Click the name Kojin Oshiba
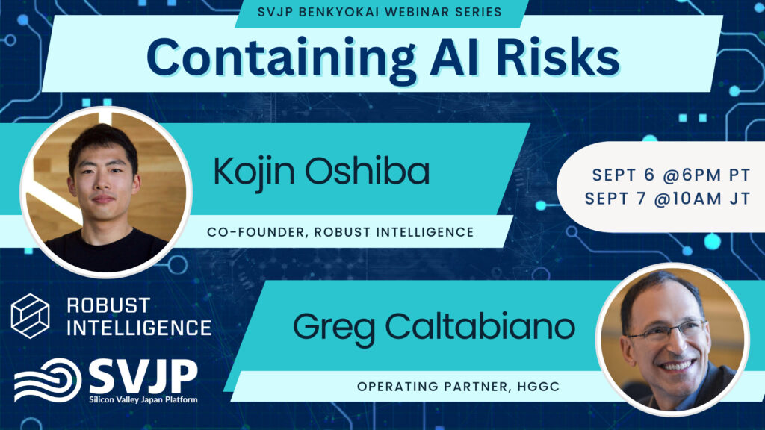coord(321,172)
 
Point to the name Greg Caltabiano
coord(434,328)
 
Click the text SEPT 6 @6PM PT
coord(671,175)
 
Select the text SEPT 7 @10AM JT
coord(667,199)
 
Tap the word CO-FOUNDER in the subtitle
coord(258,232)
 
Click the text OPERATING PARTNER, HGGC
coord(458,387)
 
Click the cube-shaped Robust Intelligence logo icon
coord(30,316)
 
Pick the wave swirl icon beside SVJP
coord(47,380)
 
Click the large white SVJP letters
coord(143,376)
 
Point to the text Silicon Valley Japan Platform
coord(143,400)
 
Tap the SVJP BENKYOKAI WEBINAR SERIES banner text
coord(380,12)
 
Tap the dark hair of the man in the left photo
coord(103,145)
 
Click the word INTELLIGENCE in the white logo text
coord(139,328)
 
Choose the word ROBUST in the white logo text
coord(108,305)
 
